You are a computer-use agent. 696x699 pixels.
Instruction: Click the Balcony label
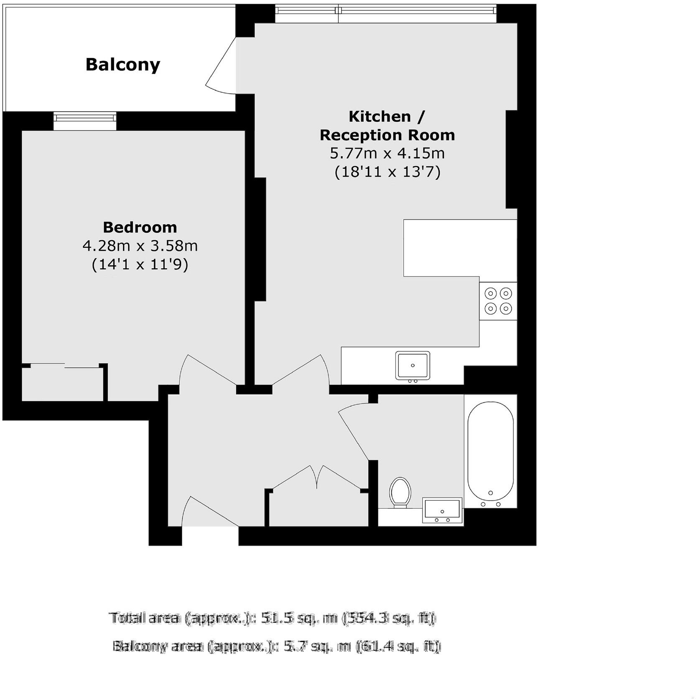click(123, 65)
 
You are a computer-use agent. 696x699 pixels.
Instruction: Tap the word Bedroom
click(140, 227)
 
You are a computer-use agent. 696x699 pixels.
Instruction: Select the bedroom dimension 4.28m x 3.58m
click(140, 246)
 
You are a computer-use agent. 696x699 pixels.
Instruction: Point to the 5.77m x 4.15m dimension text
click(387, 153)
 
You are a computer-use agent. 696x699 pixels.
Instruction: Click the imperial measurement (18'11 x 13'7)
click(388, 172)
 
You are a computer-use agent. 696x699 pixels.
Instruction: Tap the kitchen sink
click(413, 366)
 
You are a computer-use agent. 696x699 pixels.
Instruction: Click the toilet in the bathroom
click(400, 493)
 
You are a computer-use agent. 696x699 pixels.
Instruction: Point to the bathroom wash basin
click(442, 510)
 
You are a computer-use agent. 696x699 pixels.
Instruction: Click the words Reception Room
click(387, 135)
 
